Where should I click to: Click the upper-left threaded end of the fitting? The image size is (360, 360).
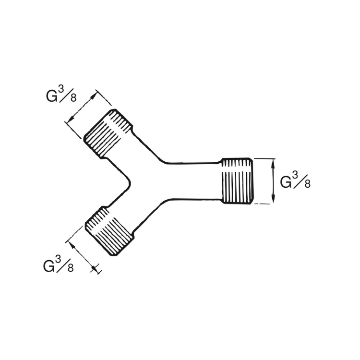click(x=108, y=133)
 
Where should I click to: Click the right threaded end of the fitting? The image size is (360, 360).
click(x=238, y=180)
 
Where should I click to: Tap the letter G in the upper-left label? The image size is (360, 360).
click(x=52, y=97)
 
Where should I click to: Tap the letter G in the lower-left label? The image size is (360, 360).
click(x=49, y=266)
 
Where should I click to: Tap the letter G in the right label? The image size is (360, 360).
click(x=286, y=182)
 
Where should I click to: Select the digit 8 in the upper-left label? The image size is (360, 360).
click(x=73, y=98)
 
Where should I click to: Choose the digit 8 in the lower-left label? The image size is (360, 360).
click(x=70, y=268)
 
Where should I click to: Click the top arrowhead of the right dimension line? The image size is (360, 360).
click(x=273, y=163)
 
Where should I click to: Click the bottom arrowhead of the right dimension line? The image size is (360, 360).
click(x=273, y=199)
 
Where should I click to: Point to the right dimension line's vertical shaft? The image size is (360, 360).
click(x=273, y=181)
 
